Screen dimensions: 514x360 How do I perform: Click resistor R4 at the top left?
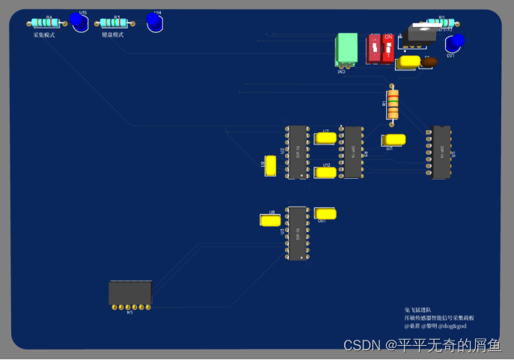coord(48,22)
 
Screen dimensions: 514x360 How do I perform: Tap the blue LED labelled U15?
coord(77,22)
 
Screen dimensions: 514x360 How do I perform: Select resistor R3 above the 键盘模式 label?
coord(117,22)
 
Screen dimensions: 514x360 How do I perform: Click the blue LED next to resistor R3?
coord(155,22)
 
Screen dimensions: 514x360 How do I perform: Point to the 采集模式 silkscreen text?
coord(44,34)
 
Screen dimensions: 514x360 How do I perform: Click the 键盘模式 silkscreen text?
coord(113,34)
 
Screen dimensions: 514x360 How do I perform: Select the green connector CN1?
coord(346,49)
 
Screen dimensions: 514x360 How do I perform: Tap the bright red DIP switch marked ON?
coord(388,48)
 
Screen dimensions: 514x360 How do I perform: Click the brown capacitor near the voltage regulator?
coord(429,62)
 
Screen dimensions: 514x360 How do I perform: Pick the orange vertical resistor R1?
coord(392,104)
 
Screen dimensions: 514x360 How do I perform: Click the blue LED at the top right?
coord(455,41)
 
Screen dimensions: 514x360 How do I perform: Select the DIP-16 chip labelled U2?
coord(297,152)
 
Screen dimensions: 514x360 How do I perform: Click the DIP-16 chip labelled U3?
coord(352,152)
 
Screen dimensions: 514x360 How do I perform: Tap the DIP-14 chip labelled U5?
coord(441,152)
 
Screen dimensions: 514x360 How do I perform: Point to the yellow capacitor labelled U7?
coord(325,138)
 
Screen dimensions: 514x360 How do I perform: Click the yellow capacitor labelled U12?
coord(325,172)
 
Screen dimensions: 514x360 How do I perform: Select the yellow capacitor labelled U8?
coord(269,220)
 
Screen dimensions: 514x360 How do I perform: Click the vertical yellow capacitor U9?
coord(271,166)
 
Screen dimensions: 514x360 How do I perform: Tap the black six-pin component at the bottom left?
coord(130,293)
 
